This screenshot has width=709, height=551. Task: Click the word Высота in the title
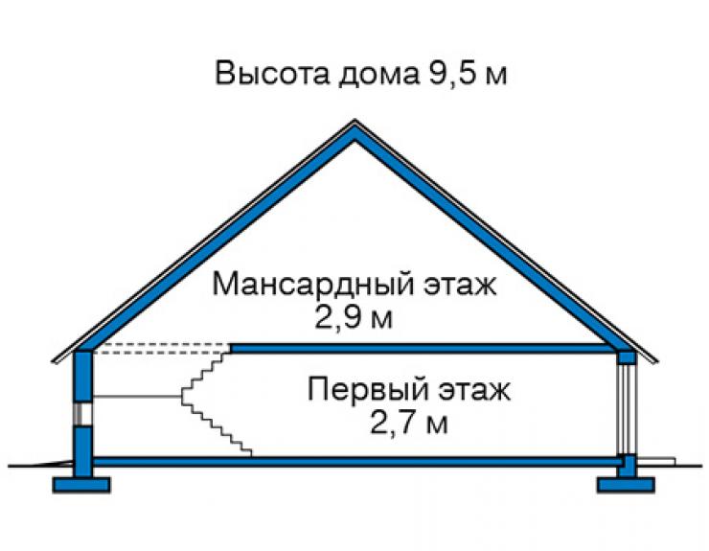pos(272,73)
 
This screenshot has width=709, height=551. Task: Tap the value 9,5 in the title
pos(448,74)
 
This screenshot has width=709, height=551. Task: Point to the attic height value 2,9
pos(338,319)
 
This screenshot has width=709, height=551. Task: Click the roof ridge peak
pos(354,121)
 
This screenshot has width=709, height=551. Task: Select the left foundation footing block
pos(81,485)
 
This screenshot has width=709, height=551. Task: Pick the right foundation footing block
pos(626,485)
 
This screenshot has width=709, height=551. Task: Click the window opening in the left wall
pos(82,414)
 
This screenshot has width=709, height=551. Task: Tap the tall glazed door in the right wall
pos(627,408)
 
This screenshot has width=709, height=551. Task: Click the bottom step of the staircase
pos(246,453)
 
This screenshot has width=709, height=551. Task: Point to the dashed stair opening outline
pos(162,349)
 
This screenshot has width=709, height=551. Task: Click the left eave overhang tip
pos(54,361)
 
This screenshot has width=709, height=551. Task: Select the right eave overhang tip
pos(656,361)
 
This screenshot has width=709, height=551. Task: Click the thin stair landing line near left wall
pos(137,397)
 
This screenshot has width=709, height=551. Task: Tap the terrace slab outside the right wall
pos(655,461)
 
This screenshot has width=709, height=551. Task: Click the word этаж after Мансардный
pos(460,285)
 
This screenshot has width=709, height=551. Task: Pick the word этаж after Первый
pos(474,391)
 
